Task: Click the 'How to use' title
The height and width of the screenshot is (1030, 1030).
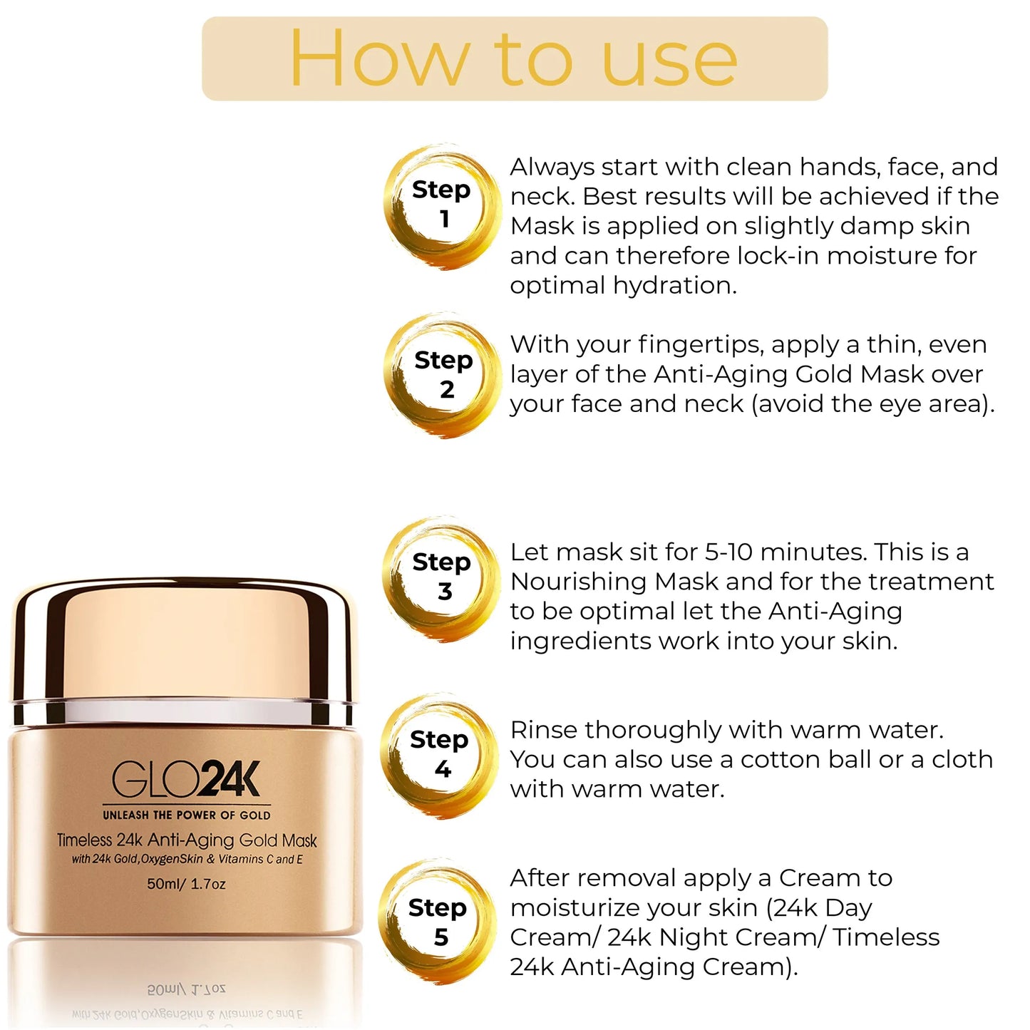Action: point(513,58)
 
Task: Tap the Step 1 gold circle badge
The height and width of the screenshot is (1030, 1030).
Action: point(442,203)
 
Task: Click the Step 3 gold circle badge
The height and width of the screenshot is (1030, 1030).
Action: point(441,576)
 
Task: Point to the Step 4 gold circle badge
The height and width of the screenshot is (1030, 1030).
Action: point(440,754)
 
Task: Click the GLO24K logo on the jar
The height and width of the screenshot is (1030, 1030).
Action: point(187,780)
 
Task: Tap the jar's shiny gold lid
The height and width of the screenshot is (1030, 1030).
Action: point(183,642)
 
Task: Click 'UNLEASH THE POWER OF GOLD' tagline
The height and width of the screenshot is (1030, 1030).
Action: point(187,815)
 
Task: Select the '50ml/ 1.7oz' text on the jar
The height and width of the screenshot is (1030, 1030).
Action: point(186,884)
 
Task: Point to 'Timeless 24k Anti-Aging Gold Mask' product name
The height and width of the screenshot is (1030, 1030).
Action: point(187,840)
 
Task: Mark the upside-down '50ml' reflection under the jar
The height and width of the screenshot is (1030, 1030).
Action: point(168,990)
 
